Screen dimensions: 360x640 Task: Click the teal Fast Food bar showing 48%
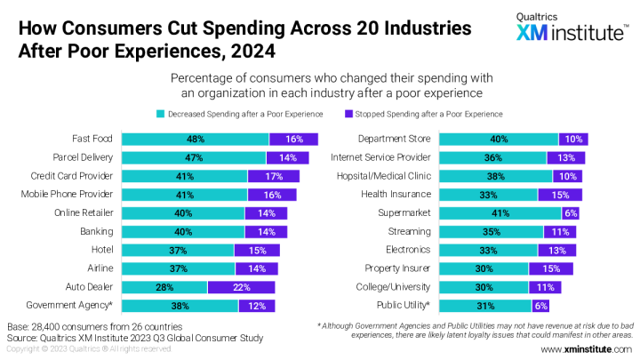[195, 139]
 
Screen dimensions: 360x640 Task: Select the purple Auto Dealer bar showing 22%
[243, 287]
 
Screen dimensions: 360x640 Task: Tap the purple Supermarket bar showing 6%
[572, 213]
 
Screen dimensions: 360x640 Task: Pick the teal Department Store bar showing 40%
[498, 139]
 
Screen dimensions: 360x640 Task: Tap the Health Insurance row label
[396, 194]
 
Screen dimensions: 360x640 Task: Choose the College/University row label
[392, 287]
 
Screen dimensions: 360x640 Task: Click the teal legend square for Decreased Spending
[161, 114]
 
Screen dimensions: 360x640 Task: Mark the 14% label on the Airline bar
[257, 268]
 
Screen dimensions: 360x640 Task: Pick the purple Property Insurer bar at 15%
[550, 268]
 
